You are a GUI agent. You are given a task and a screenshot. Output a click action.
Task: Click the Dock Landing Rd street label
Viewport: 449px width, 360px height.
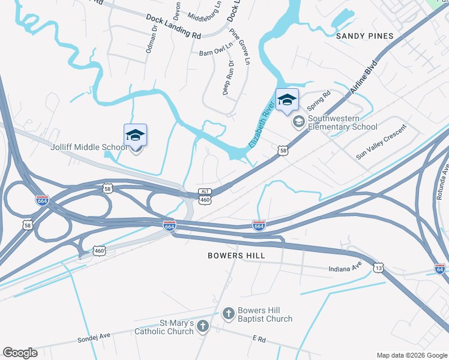pyautogui.click(x=173, y=26)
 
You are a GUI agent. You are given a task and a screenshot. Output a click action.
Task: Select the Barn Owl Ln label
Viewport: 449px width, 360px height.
pyautogui.click(x=215, y=53)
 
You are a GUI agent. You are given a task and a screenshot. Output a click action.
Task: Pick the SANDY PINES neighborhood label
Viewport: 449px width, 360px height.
pyautogui.click(x=364, y=36)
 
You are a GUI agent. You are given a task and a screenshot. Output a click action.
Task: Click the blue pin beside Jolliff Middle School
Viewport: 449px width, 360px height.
pyautogui.click(x=135, y=137)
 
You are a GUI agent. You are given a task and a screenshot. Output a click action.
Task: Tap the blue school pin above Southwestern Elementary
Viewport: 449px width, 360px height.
pyautogui.click(x=287, y=100)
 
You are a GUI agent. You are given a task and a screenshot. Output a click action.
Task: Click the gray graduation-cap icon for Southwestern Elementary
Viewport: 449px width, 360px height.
pyautogui.click(x=298, y=122)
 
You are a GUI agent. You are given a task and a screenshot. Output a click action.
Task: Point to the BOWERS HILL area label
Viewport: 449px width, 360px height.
pyautogui.click(x=236, y=256)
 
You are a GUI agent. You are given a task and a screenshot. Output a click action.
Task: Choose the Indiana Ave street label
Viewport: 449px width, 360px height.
pyautogui.click(x=346, y=268)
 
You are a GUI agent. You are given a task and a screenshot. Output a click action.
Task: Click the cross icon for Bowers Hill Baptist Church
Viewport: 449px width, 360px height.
pyautogui.click(x=228, y=313)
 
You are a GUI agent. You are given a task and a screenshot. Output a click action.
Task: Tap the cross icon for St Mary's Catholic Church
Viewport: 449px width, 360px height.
pyautogui.click(x=203, y=326)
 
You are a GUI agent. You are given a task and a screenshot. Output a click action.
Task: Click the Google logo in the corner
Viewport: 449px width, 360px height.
pyautogui.click(x=20, y=353)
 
